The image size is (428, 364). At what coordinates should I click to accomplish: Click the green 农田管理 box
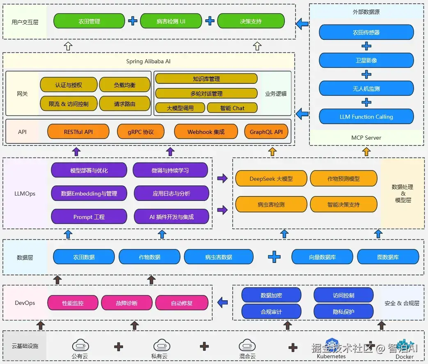(x=89, y=21)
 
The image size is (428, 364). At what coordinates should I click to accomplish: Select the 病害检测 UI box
(x=171, y=21)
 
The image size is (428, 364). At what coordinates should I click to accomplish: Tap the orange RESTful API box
(x=78, y=132)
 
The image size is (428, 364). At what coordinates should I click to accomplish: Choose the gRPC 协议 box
(x=141, y=132)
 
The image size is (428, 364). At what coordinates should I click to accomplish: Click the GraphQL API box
(x=266, y=132)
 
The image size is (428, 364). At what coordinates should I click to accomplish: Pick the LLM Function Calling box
(x=366, y=117)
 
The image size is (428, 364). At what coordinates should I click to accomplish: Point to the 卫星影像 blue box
(x=366, y=60)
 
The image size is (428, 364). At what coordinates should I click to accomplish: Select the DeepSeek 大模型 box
(x=271, y=179)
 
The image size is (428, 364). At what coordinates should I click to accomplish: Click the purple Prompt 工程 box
(x=89, y=217)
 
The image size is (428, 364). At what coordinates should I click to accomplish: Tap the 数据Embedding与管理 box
(x=89, y=194)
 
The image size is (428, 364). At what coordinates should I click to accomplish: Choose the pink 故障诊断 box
(x=127, y=303)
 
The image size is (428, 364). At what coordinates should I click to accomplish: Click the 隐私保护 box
(x=343, y=311)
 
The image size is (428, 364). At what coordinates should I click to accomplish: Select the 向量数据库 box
(x=323, y=257)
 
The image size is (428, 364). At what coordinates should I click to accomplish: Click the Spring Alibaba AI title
(x=148, y=61)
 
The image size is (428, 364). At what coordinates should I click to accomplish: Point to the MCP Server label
(x=366, y=138)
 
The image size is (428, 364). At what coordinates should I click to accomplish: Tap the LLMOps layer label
(x=25, y=194)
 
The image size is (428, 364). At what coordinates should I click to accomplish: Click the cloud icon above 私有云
(x=162, y=346)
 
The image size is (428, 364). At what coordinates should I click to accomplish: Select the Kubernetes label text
(x=331, y=356)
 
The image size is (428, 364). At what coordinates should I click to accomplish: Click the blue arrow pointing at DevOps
(x=223, y=302)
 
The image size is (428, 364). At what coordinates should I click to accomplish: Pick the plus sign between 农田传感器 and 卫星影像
(x=366, y=46)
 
